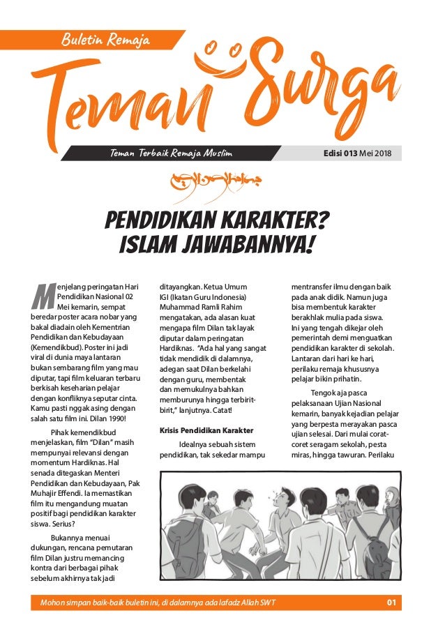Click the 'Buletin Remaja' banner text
coord(105,40)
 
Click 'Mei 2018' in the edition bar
coord(375,153)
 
